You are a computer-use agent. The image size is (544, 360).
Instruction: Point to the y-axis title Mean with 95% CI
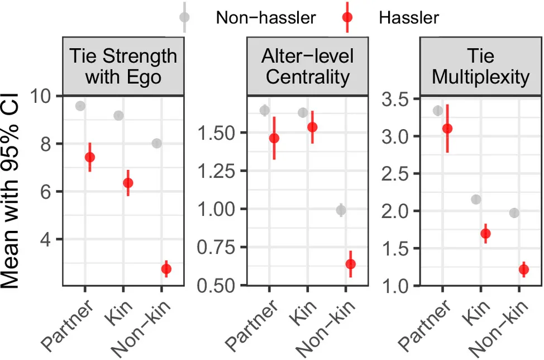pyautogui.click(x=17, y=190)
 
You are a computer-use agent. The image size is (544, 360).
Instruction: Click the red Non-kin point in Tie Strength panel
pyautogui.click(x=166, y=269)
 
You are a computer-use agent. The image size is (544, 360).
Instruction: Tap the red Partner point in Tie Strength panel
pyautogui.click(x=89, y=157)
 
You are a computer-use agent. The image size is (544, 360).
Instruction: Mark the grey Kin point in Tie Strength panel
pyautogui.click(x=118, y=115)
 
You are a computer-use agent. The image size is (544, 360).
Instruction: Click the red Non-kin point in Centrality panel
pyautogui.click(x=350, y=264)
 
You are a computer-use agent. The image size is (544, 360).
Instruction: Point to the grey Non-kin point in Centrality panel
pyautogui.click(x=341, y=210)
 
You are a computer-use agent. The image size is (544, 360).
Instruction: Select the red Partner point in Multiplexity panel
pyautogui.click(x=447, y=129)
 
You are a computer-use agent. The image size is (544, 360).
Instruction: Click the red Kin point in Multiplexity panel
pyautogui.click(x=485, y=234)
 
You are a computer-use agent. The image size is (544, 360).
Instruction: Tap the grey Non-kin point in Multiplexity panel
pyautogui.click(x=514, y=213)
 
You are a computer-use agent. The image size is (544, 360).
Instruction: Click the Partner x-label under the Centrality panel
pyautogui.click(x=263, y=324)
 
